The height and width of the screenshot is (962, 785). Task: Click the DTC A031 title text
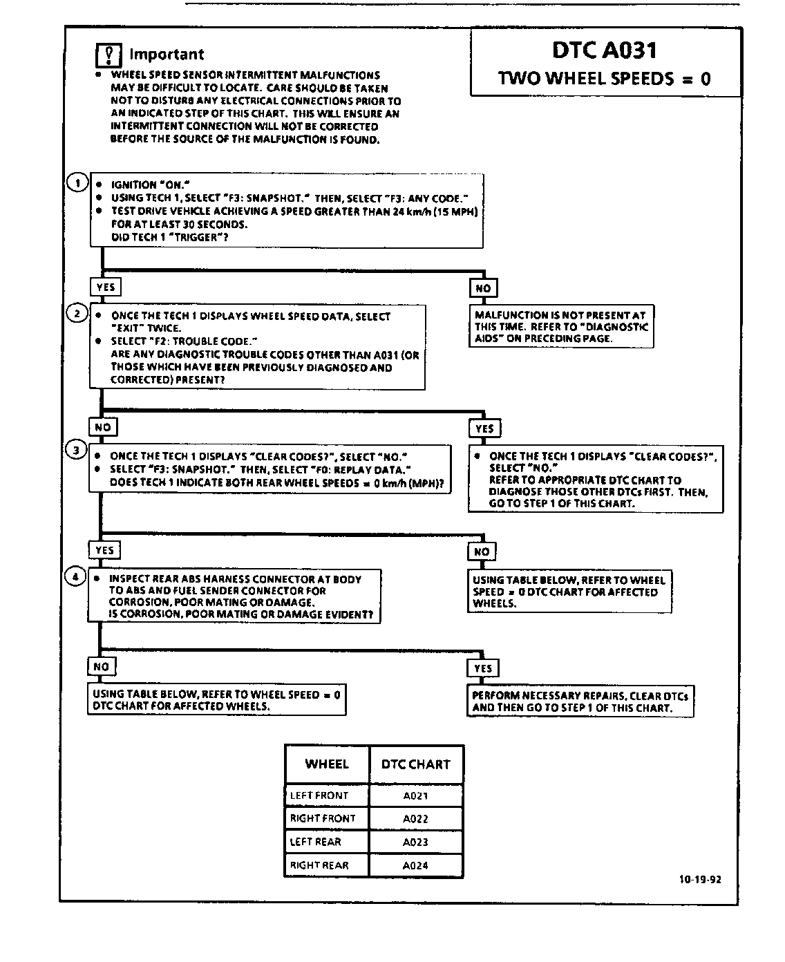pos(605,50)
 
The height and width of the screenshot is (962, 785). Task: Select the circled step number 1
pos(77,183)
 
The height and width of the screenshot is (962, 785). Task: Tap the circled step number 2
pos(77,314)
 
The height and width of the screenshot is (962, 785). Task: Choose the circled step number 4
pos(75,576)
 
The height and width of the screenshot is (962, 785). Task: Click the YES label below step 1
pos(106,287)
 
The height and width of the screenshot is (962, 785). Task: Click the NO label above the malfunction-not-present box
pos(483,288)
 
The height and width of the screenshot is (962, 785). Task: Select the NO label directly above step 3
pos(103,427)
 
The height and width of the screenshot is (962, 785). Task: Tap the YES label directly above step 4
pos(104,550)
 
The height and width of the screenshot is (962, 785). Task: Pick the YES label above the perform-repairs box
pos(483,668)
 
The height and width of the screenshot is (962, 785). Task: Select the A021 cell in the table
pos(415,796)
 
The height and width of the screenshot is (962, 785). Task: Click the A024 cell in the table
pos(415,865)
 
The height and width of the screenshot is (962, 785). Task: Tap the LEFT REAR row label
pos(316,842)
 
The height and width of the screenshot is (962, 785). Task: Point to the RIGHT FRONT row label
pos(323,818)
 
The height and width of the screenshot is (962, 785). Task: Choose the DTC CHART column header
pos(415,764)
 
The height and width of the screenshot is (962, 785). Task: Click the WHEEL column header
pos(327,764)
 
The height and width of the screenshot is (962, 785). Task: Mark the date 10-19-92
pos(700,880)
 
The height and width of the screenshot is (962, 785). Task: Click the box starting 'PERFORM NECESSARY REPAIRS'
pos(580,701)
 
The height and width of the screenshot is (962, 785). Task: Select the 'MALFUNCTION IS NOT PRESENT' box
pos(561,327)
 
